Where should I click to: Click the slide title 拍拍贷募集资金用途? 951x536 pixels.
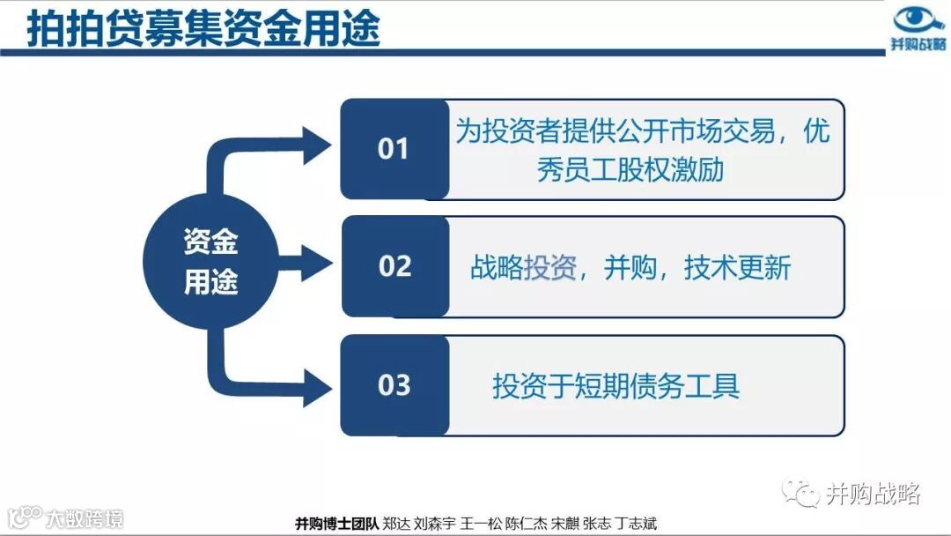(x=203, y=28)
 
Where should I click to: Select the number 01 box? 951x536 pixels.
(x=394, y=149)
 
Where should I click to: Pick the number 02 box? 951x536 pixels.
(x=394, y=266)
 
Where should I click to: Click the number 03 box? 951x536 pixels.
(x=394, y=385)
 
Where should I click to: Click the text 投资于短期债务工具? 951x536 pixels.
(x=616, y=385)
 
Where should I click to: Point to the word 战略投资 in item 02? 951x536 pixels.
(x=523, y=267)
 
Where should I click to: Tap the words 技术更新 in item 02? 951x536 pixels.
(x=738, y=267)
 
